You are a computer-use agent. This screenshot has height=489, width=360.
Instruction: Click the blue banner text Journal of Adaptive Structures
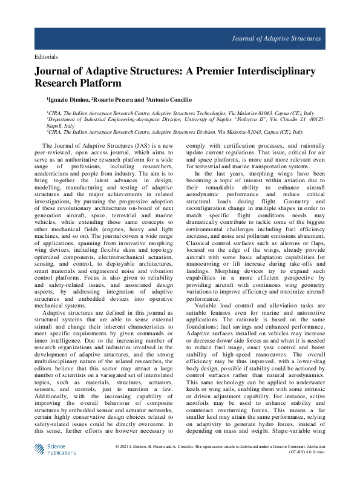tap(275, 38)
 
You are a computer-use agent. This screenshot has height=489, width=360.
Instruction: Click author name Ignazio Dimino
tap(68, 99)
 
